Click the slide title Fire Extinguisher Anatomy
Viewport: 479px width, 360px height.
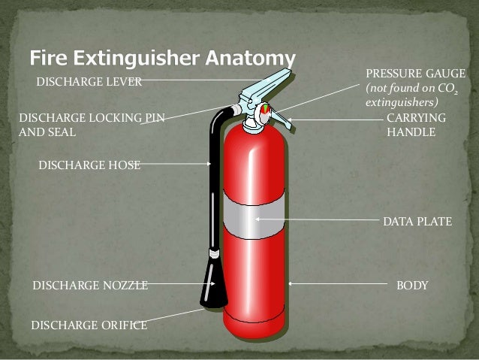pyautogui.click(x=163, y=57)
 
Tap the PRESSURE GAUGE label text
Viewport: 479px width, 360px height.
pyautogui.click(x=414, y=74)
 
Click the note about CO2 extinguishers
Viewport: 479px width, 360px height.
pyautogui.click(x=411, y=95)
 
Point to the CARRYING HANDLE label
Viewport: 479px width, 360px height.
pyautogui.click(x=415, y=126)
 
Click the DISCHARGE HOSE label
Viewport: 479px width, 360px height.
pyautogui.click(x=89, y=165)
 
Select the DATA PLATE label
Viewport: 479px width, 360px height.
pyautogui.click(x=417, y=222)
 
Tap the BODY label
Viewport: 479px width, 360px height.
pyautogui.click(x=412, y=286)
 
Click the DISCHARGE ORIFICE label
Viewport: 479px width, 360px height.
pyautogui.click(x=89, y=325)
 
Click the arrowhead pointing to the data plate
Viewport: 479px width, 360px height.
pyautogui.click(x=258, y=219)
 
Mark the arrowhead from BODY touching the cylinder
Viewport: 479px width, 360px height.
pyautogui.click(x=291, y=284)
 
